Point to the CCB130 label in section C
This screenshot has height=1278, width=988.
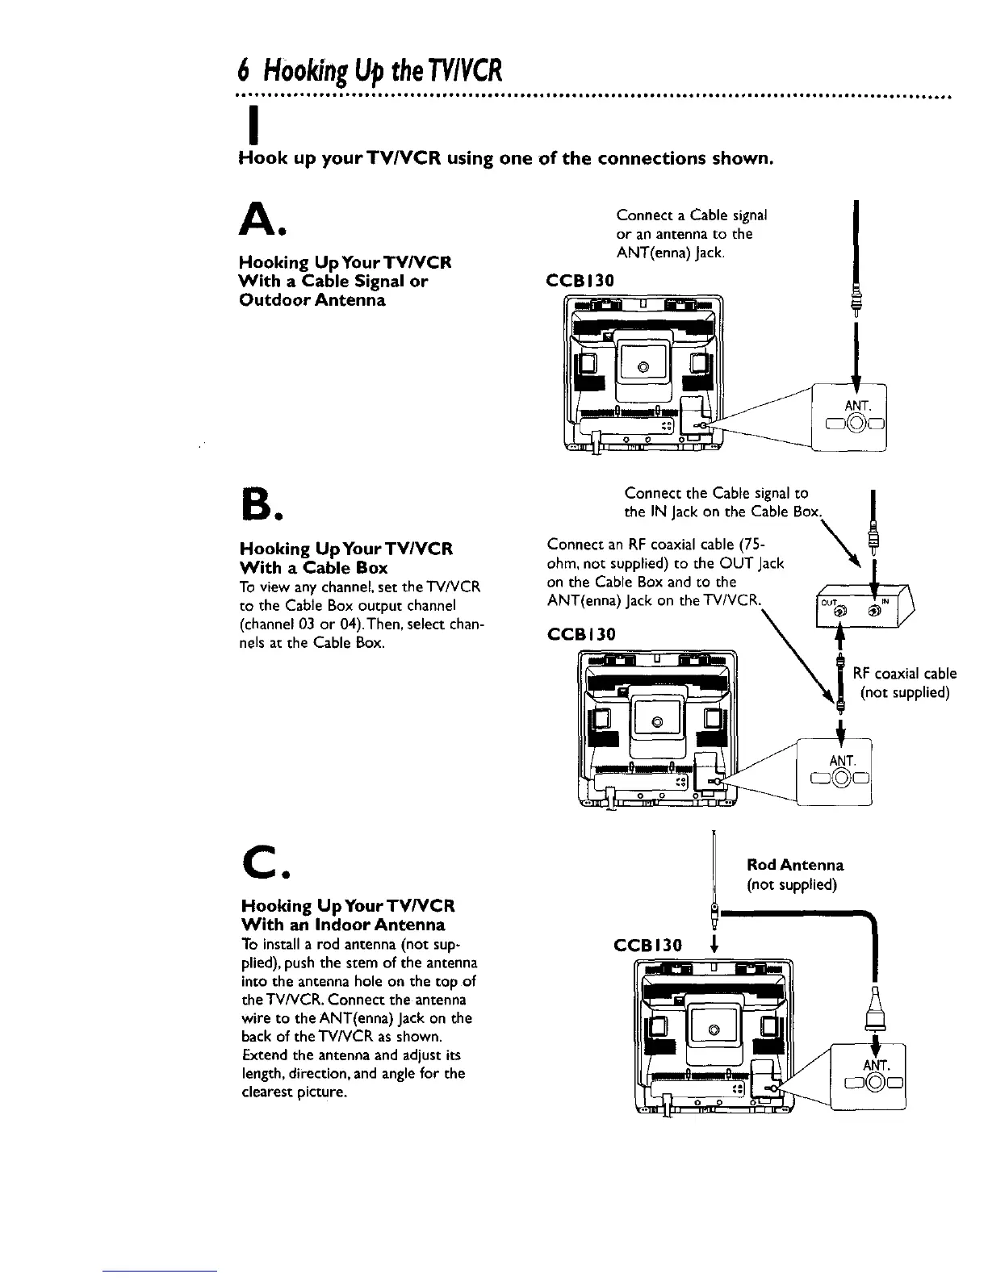[650, 944]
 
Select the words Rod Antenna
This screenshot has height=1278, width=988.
[795, 865]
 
